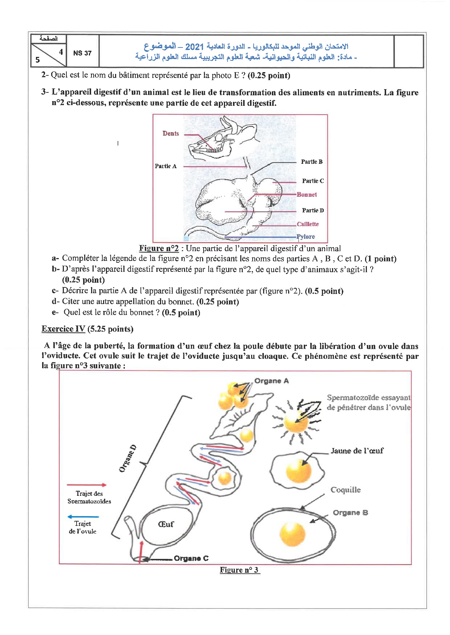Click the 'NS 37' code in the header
point(82,53)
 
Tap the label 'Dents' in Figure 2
point(171,133)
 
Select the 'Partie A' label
point(165,166)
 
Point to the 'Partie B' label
point(312,162)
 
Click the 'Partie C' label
point(313,181)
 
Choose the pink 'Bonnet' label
point(307,195)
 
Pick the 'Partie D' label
point(313,210)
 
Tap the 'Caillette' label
point(308,224)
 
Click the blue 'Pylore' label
point(306,237)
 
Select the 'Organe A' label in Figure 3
point(271,381)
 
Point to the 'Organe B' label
point(350,512)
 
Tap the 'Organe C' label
point(191,559)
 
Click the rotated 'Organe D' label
point(128,458)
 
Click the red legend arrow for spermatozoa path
point(87,485)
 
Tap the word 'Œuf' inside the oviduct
point(166,524)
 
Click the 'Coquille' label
point(345,490)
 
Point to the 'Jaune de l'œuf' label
point(357,451)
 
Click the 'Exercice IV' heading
point(63,329)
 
